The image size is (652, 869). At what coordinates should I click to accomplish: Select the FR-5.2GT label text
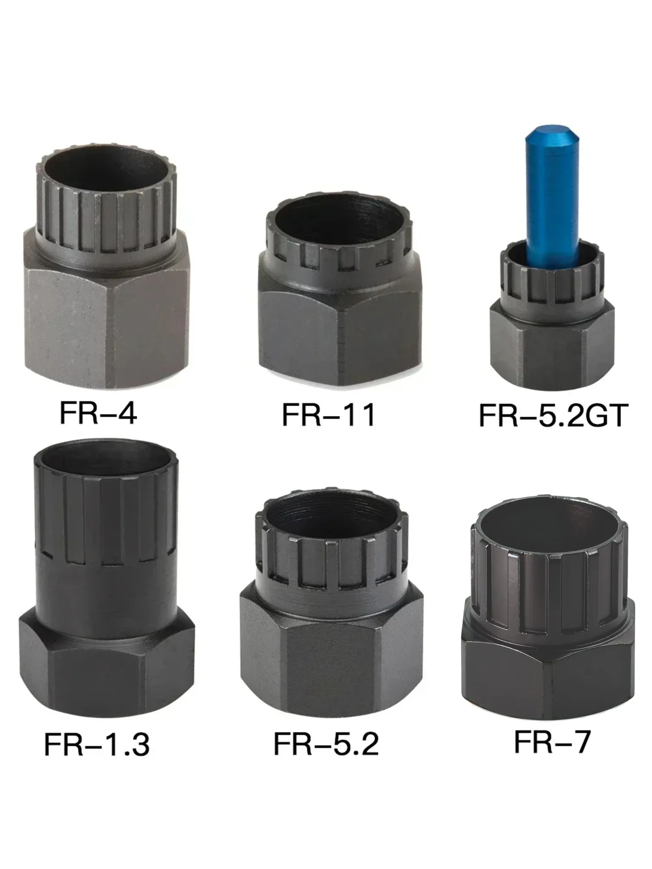(x=553, y=415)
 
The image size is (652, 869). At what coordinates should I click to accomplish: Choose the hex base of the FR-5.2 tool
(x=330, y=652)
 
